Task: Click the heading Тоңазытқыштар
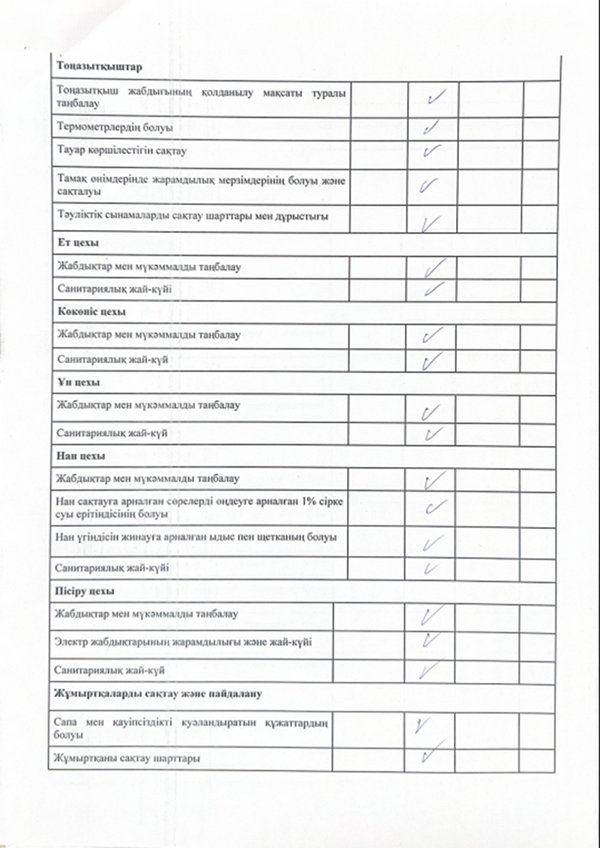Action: click(96, 66)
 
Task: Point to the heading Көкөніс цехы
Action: click(92, 312)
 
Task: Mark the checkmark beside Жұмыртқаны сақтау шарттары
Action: click(430, 753)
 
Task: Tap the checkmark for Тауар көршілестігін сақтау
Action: click(432, 151)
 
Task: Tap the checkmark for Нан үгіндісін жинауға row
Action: click(430, 544)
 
